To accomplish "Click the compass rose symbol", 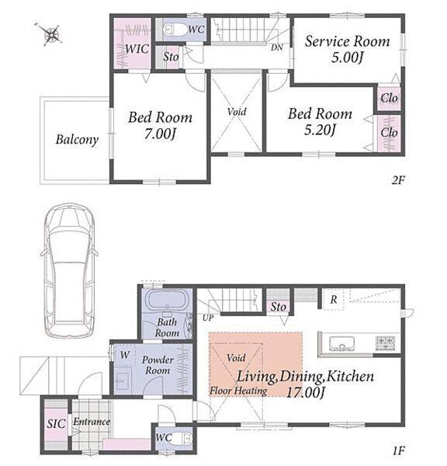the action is tap(51, 34).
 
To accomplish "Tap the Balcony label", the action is tap(77, 140).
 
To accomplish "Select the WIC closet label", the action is tap(137, 49).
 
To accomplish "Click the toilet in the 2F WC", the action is tap(174, 30).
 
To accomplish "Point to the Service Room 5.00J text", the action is tap(347, 49).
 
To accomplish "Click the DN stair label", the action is tap(276, 47).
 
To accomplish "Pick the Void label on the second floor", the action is tap(237, 112).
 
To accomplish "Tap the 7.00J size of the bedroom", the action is tap(160, 134).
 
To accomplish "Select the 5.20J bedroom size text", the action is tap(320, 130).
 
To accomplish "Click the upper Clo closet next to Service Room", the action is tap(389, 98).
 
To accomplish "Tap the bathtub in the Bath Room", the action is tap(168, 300).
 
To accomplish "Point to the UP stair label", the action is tap(208, 318).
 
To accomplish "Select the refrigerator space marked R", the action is tap(333, 299).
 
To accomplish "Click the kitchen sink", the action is tap(341, 343).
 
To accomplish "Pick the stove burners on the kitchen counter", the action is tap(385, 343).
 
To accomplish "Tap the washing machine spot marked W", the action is tap(125, 355).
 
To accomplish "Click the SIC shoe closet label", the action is tap(56, 424).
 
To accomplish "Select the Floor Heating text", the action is tap(238, 391).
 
